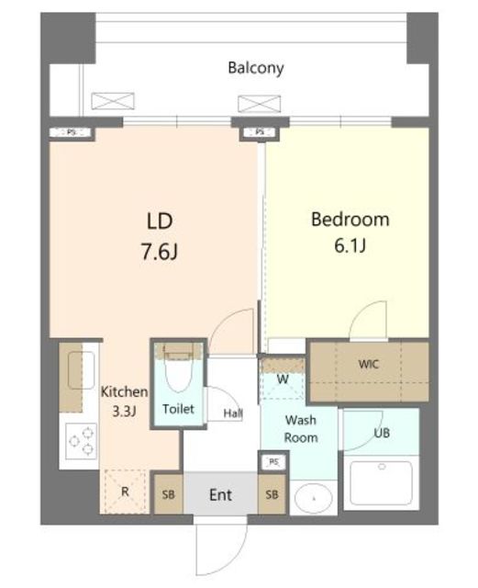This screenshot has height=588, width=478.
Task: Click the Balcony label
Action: pos(256,68)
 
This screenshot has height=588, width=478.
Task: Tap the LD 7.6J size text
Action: pos(160,251)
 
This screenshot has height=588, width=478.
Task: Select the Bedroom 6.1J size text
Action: pos(350,246)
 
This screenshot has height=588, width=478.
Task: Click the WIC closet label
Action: pos(369,364)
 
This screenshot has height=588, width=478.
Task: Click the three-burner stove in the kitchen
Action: pos(81,441)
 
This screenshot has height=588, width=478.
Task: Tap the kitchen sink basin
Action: pos(81,370)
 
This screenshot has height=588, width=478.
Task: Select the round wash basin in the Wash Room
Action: pos(314,498)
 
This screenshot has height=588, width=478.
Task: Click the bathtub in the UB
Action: pos(381,483)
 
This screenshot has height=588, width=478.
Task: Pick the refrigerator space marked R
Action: pos(125,492)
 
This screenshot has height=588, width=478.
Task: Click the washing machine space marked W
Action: pos(283,379)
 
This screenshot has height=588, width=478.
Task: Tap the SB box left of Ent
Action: pos(169,494)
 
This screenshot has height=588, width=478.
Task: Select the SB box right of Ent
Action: pos(272,494)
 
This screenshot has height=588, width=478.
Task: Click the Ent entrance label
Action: pos(220,495)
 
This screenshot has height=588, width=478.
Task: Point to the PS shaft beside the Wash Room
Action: pos(274,462)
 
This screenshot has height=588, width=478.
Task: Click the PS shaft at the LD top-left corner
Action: pos(72,132)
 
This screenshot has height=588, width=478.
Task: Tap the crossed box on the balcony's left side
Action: pos(113,101)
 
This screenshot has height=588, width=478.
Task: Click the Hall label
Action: pos(233,413)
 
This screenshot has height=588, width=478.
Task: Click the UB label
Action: pos(382,433)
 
